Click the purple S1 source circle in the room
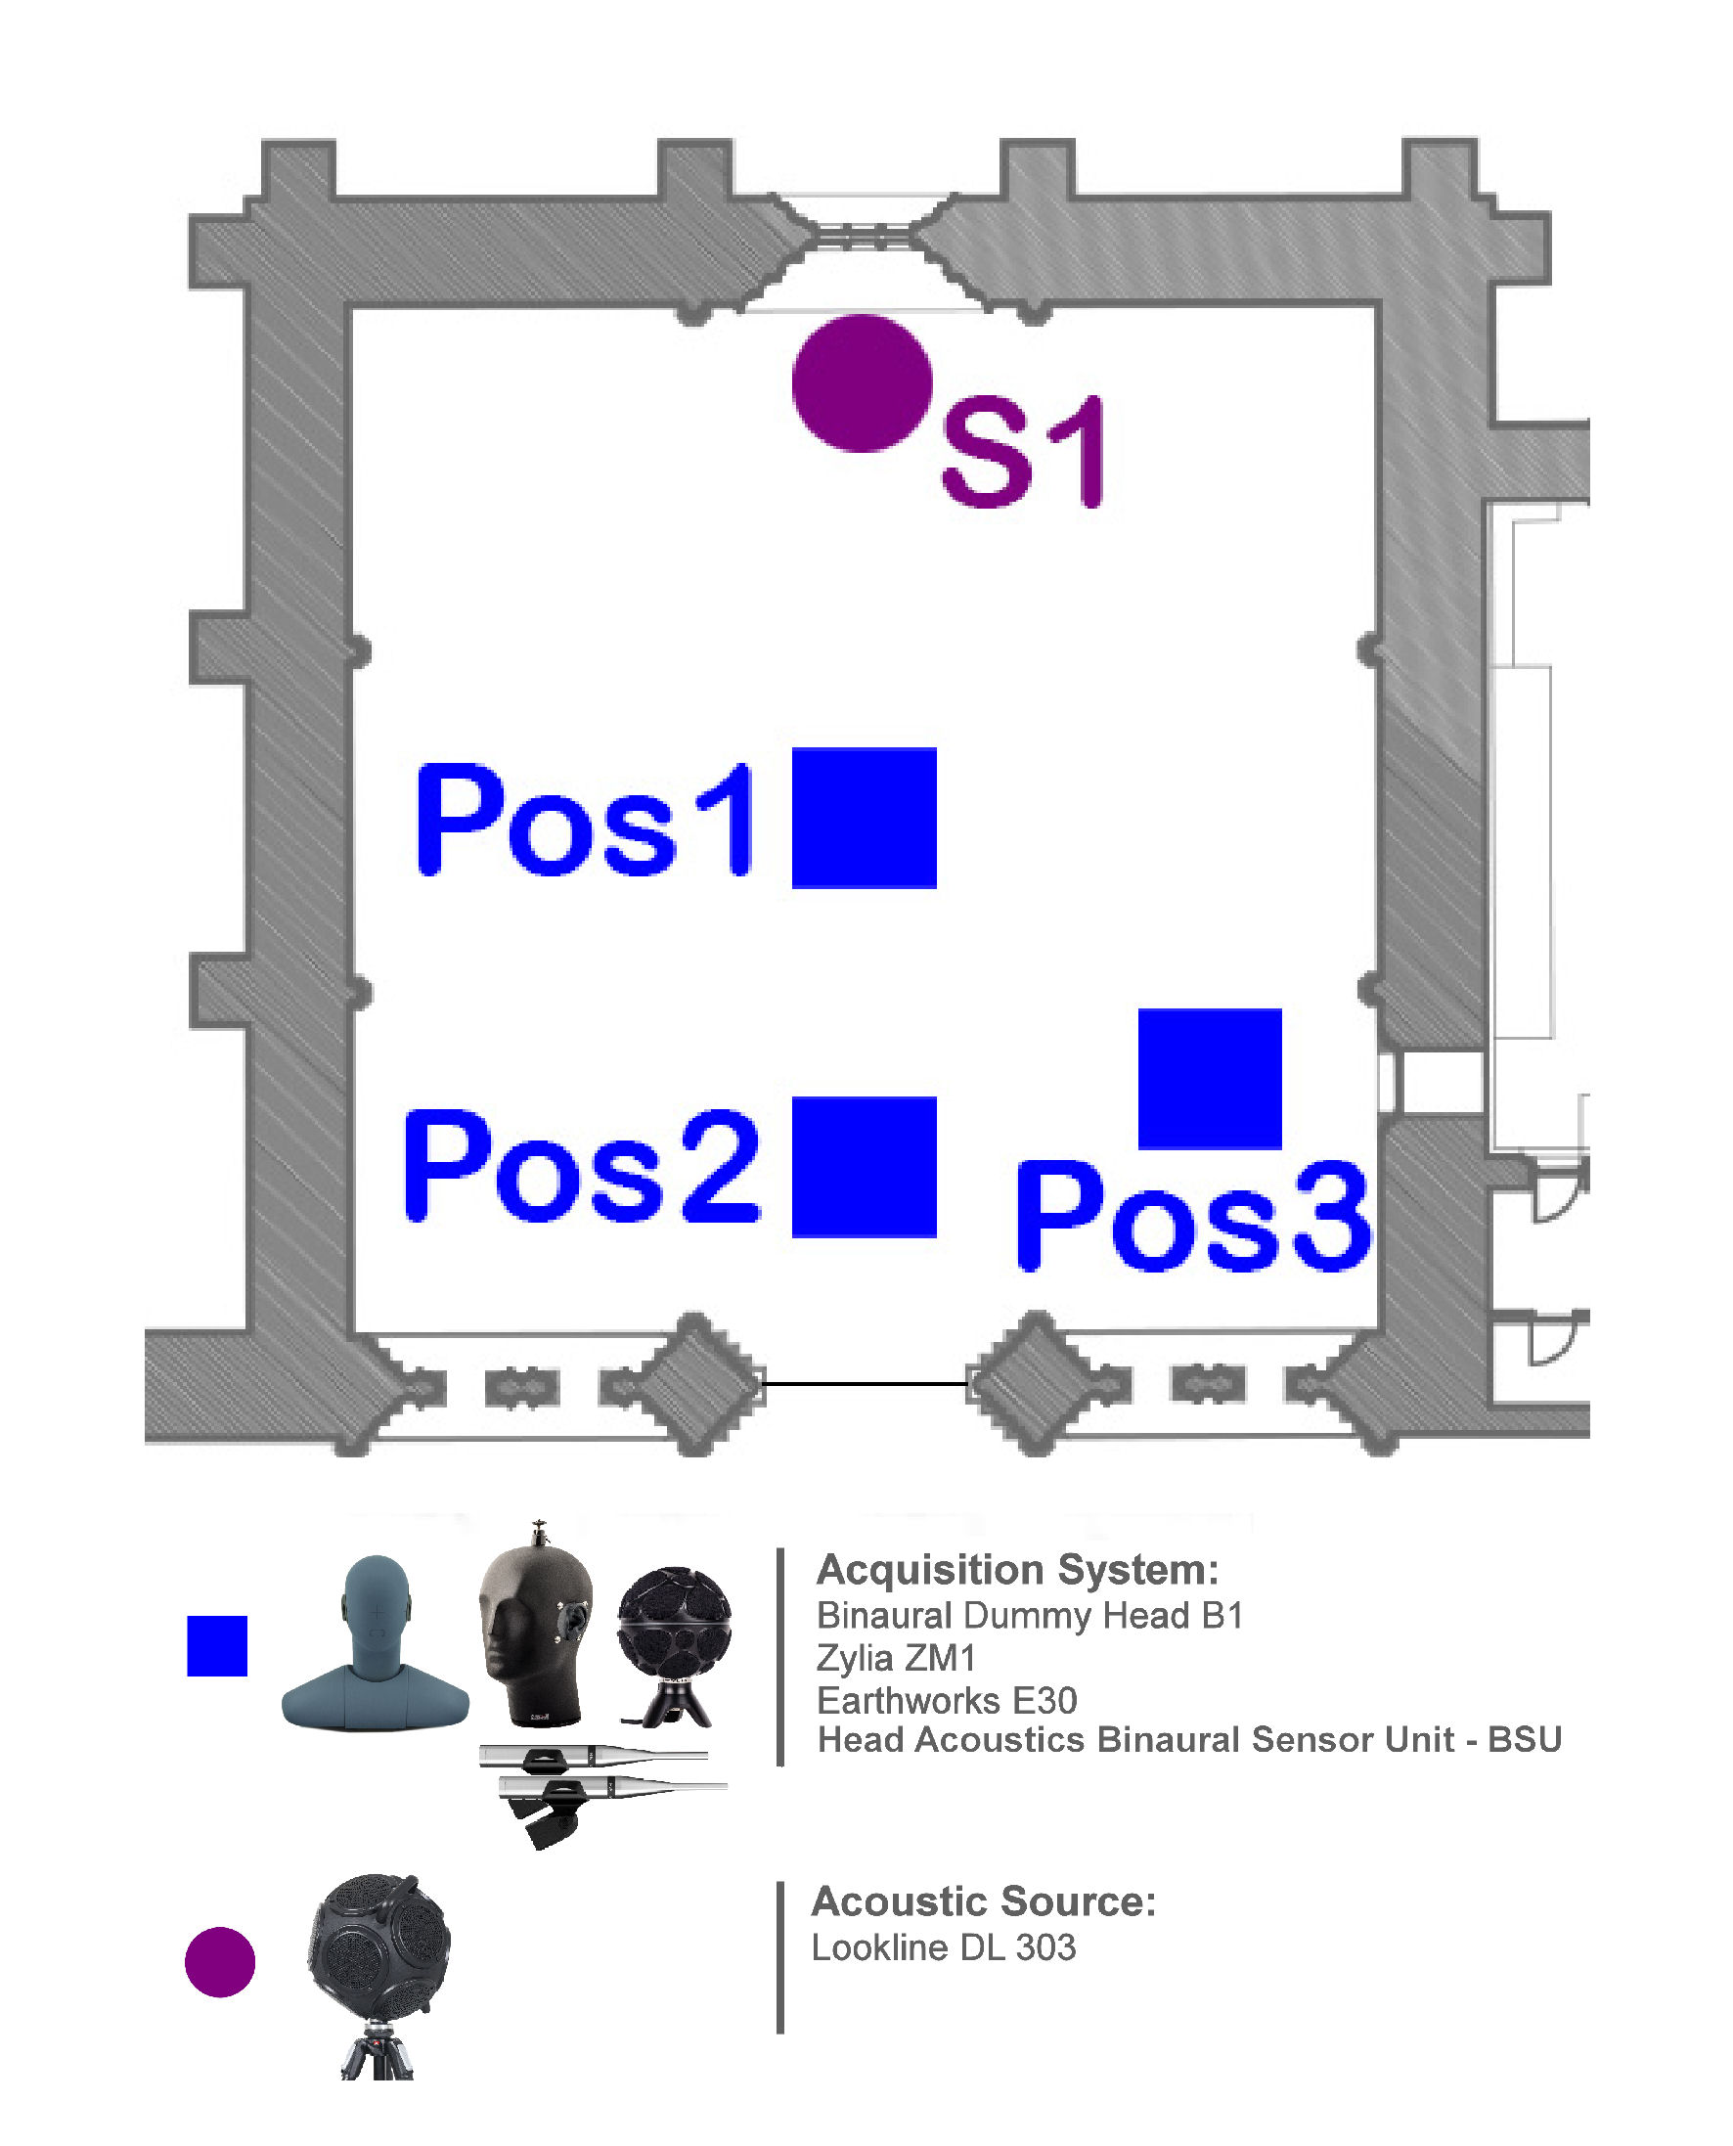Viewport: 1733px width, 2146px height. coord(862,383)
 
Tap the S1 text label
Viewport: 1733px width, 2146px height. coord(1022,451)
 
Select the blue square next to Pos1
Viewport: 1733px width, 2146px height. coord(864,818)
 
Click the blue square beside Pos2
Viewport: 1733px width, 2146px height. coord(864,1167)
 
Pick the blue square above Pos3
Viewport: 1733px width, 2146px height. coord(1209,1078)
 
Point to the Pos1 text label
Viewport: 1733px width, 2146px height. coord(585,821)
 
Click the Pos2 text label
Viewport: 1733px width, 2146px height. coord(582,1167)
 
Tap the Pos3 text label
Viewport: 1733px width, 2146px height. coord(1193,1217)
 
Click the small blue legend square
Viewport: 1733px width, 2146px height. coord(217,1646)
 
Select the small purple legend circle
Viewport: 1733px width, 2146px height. coord(220,1961)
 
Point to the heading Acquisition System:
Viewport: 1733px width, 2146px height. coord(1017,1570)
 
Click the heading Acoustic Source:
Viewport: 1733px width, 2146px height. coord(983,1901)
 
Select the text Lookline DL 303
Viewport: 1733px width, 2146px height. coord(944,1947)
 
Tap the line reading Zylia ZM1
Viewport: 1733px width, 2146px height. coord(896,1658)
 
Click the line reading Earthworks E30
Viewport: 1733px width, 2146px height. coord(947,1700)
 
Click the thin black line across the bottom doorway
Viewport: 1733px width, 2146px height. coord(865,1384)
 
